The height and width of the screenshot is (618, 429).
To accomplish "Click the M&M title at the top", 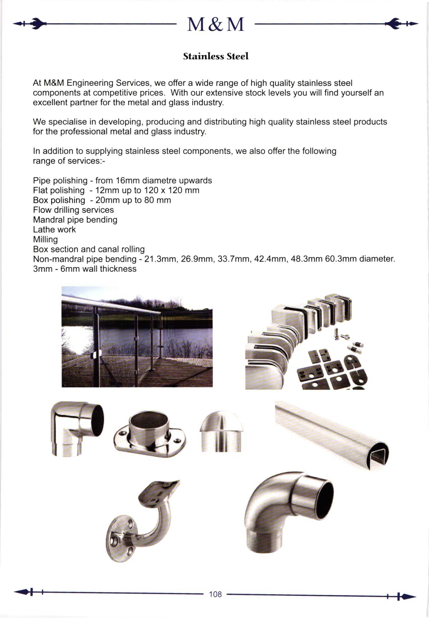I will pyautogui.click(x=215, y=25).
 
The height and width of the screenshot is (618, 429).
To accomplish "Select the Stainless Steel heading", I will pyautogui.click(x=216, y=56).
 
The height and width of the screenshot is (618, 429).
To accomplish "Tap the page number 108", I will pyautogui.click(x=215, y=594).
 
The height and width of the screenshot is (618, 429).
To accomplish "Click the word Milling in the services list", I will pyautogui.click(x=45, y=239).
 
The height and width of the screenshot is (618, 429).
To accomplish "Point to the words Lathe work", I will pyautogui.click(x=54, y=230).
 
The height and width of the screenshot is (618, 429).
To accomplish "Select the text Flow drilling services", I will pyautogui.click(x=73, y=210).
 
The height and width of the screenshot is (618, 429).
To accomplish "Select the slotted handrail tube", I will pyautogui.click(x=332, y=434).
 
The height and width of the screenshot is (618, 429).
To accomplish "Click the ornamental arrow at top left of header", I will pyautogui.click(x=30, y=24).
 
